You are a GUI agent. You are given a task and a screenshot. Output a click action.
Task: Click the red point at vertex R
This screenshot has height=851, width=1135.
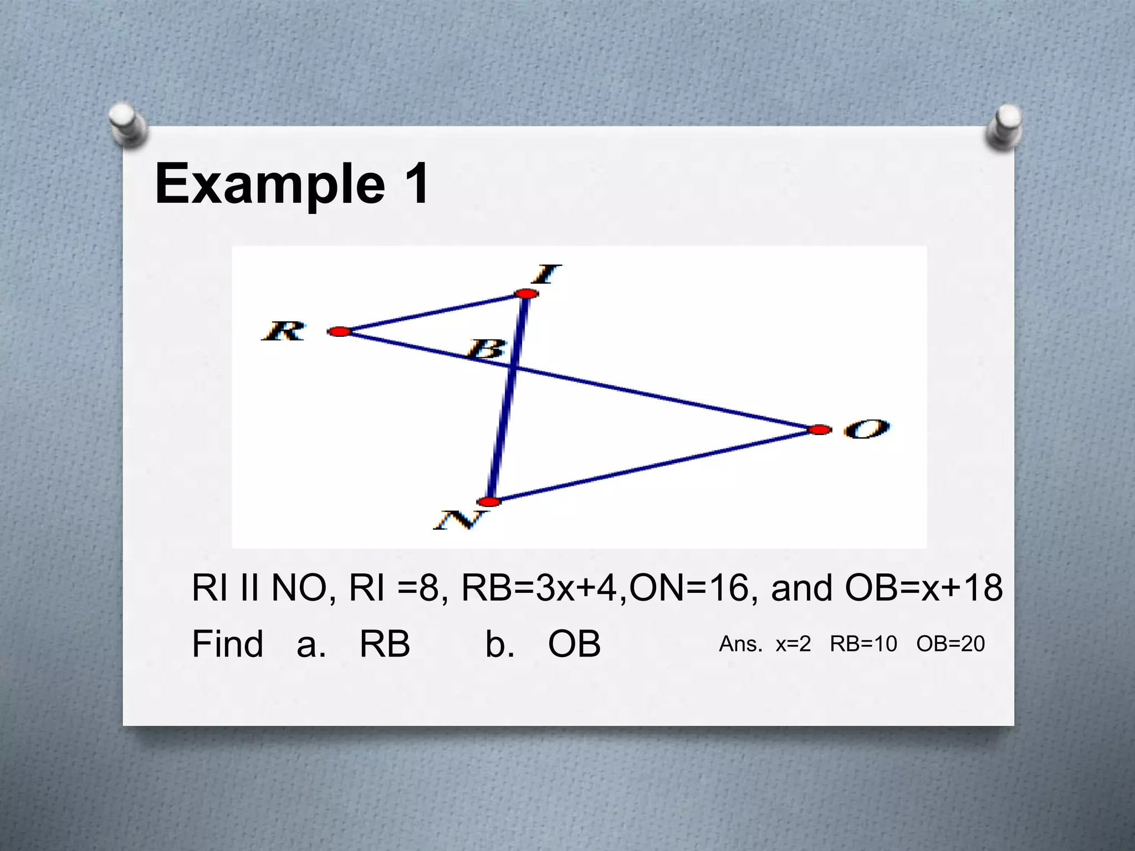(340, 332)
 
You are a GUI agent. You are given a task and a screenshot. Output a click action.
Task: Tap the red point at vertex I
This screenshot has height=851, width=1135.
(526, 293)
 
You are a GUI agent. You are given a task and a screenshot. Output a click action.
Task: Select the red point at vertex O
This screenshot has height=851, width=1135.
(819, 430)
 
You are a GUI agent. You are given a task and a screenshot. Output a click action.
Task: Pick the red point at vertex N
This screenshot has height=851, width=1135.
(489, 502)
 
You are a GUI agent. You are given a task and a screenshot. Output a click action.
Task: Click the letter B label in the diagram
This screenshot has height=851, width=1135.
(487, 350)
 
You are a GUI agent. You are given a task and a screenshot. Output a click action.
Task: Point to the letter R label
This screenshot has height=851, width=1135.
(283, 331)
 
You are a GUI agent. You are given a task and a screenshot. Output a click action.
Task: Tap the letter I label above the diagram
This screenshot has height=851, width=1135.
(548, 274)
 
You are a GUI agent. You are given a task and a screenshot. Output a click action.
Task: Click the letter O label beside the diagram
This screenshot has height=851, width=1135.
(866, 429)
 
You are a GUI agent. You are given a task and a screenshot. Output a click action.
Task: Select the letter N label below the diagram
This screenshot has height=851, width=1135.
(461, 520)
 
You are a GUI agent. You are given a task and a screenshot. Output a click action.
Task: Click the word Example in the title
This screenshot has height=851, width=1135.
(269, 184)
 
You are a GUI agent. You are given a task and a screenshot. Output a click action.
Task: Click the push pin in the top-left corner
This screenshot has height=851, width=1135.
(127, 124)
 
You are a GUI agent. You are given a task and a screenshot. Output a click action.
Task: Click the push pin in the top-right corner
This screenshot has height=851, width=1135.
(1004, 127)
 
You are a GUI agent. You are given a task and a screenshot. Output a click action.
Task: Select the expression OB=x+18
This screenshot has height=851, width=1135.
(923, 588)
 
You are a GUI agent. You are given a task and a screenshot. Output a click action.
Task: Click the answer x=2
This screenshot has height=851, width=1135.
(793, 644)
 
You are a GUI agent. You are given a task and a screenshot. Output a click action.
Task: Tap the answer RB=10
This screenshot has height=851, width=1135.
(863, 644)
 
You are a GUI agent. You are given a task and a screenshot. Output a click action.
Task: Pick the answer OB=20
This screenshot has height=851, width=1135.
(950, 644)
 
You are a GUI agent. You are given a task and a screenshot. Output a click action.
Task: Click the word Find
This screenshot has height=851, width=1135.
(227, 644)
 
